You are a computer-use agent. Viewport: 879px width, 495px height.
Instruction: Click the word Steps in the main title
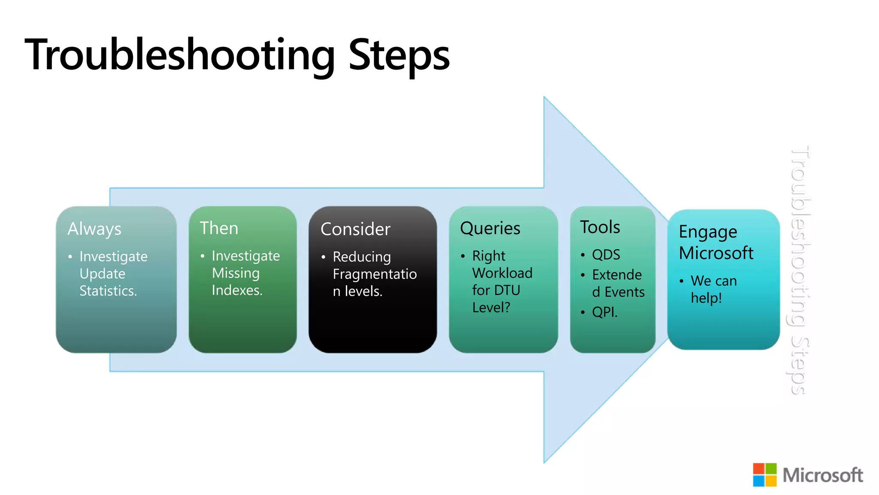tap(399, 55)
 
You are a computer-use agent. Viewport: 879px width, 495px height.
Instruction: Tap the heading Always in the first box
tap(94, 229)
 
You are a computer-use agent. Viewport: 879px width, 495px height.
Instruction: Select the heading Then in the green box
tap(219, 228)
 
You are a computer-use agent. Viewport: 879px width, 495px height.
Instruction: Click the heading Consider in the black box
tap(355, 229)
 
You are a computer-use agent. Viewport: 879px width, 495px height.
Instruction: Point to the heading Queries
tap(490, 229)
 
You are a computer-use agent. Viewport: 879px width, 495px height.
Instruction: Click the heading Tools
tap(600, 227)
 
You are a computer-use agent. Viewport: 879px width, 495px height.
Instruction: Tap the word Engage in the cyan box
tap(708, 232)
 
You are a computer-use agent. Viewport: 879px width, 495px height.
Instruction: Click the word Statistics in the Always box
tap(108, 291)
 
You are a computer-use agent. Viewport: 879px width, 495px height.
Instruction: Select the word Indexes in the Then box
tap(236, 290)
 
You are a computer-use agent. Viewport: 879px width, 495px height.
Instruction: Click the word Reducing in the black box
tap(362, 257)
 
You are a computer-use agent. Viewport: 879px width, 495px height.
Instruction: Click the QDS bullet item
tap(606, 255)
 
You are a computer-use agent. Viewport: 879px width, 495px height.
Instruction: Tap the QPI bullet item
tap(605, 312)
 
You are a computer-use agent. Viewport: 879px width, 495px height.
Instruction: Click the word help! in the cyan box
tap(706, 298)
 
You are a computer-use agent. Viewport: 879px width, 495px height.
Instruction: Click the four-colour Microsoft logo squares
tap(764, 475)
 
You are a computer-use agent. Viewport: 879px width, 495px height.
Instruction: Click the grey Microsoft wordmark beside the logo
tap(822, 475)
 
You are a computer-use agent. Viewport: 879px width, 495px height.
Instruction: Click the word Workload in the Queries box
tap(502, 273)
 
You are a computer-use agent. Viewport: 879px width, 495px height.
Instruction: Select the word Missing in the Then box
tap(236, 273)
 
